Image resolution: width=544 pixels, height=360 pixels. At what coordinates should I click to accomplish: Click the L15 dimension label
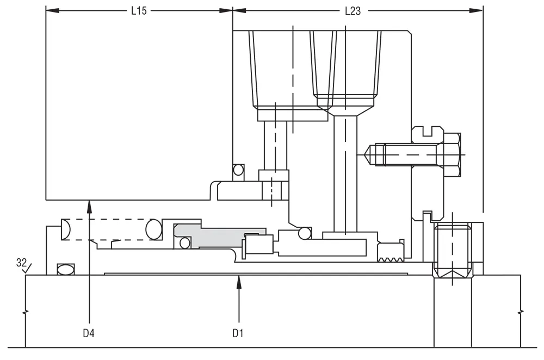coord(139,11)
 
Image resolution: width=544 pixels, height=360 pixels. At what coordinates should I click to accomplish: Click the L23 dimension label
coord(353,11)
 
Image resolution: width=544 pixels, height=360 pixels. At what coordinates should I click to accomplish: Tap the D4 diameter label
coord(89,333)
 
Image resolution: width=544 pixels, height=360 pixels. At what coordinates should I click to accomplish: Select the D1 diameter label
coord(238,333)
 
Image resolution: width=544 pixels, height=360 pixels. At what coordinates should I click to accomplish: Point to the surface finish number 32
coord(21,263)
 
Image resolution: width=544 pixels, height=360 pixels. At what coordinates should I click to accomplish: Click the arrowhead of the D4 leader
coord(89,206)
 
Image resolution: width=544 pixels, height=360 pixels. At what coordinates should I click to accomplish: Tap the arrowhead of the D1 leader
coord(239,281)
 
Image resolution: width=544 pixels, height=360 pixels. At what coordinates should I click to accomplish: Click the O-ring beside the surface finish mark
coord(66,270)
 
